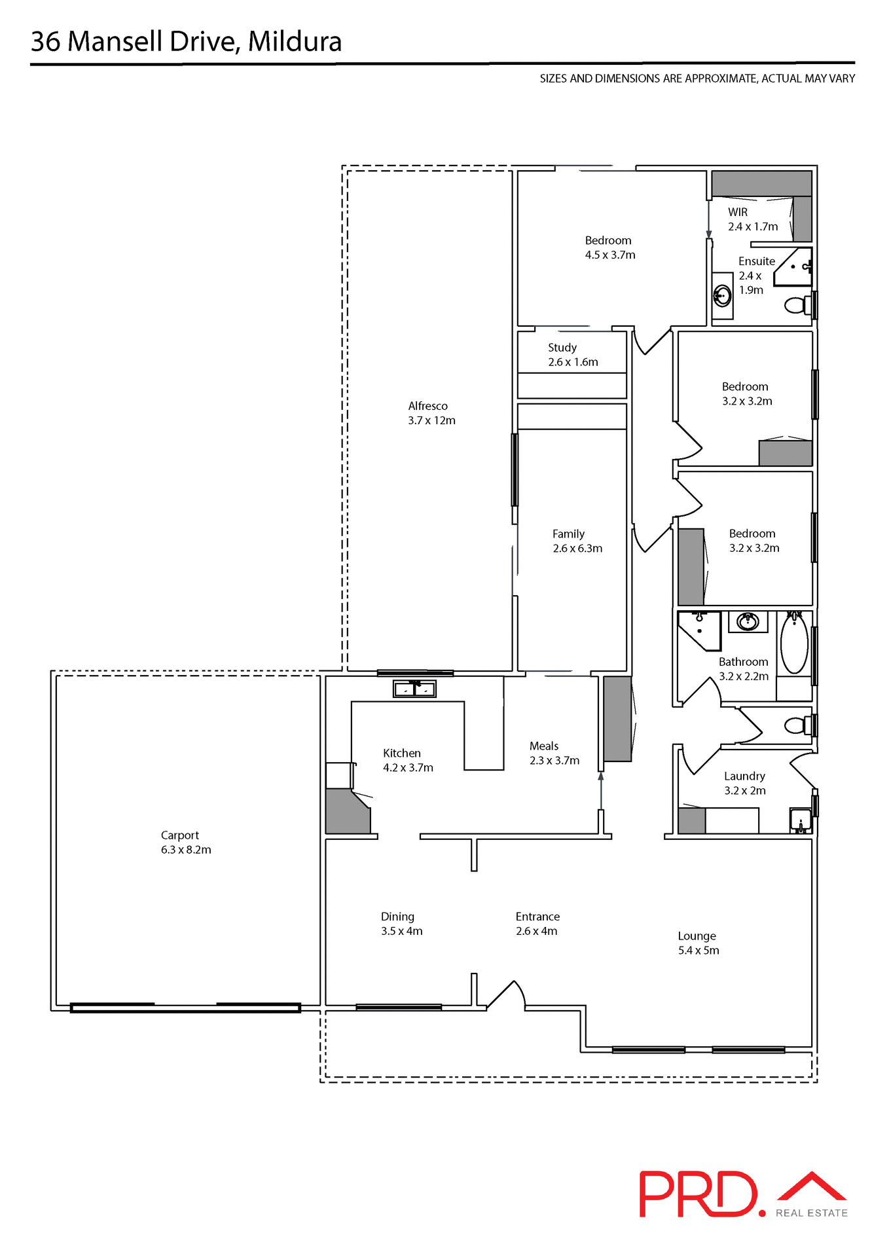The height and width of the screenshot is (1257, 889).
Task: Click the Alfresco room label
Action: click(x=427, y=406)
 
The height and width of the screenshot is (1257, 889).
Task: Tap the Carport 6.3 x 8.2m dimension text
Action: click(x=186, y=850)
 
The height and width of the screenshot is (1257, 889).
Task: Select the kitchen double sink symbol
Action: click(x=414, y=689)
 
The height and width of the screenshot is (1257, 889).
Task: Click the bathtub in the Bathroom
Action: click(x=794, y=643)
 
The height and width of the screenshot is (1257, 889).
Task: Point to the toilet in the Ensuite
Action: click(x=797, y=305)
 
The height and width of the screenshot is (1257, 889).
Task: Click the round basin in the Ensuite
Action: click(x=722, y=296)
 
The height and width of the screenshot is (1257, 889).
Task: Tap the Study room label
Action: click(x=562, y=348)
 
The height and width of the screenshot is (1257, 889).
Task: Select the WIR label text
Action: click(x=738, y=212)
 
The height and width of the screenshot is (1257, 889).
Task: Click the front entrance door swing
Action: click(x=507, y=994)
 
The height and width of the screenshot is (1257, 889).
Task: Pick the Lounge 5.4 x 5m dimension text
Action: click(x=698, y=951)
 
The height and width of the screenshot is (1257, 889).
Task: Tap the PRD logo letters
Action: click(x=697, y=1194)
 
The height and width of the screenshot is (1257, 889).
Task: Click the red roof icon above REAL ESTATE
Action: click(x=812, y=1186)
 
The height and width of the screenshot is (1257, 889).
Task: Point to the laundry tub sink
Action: click(x=800, y=820)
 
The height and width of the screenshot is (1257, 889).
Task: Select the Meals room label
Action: click(x=543, y=746)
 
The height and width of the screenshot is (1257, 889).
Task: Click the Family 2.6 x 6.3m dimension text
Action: click(x=577, y=549)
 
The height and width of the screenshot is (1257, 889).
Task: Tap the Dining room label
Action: click(x=397, y=917)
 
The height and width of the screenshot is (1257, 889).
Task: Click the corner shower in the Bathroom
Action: click(x=699, y=630)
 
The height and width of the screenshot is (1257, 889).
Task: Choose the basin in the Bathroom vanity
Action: click(x=748, y=621)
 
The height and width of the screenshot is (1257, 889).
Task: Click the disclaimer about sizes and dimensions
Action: click(x=697, y=79)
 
